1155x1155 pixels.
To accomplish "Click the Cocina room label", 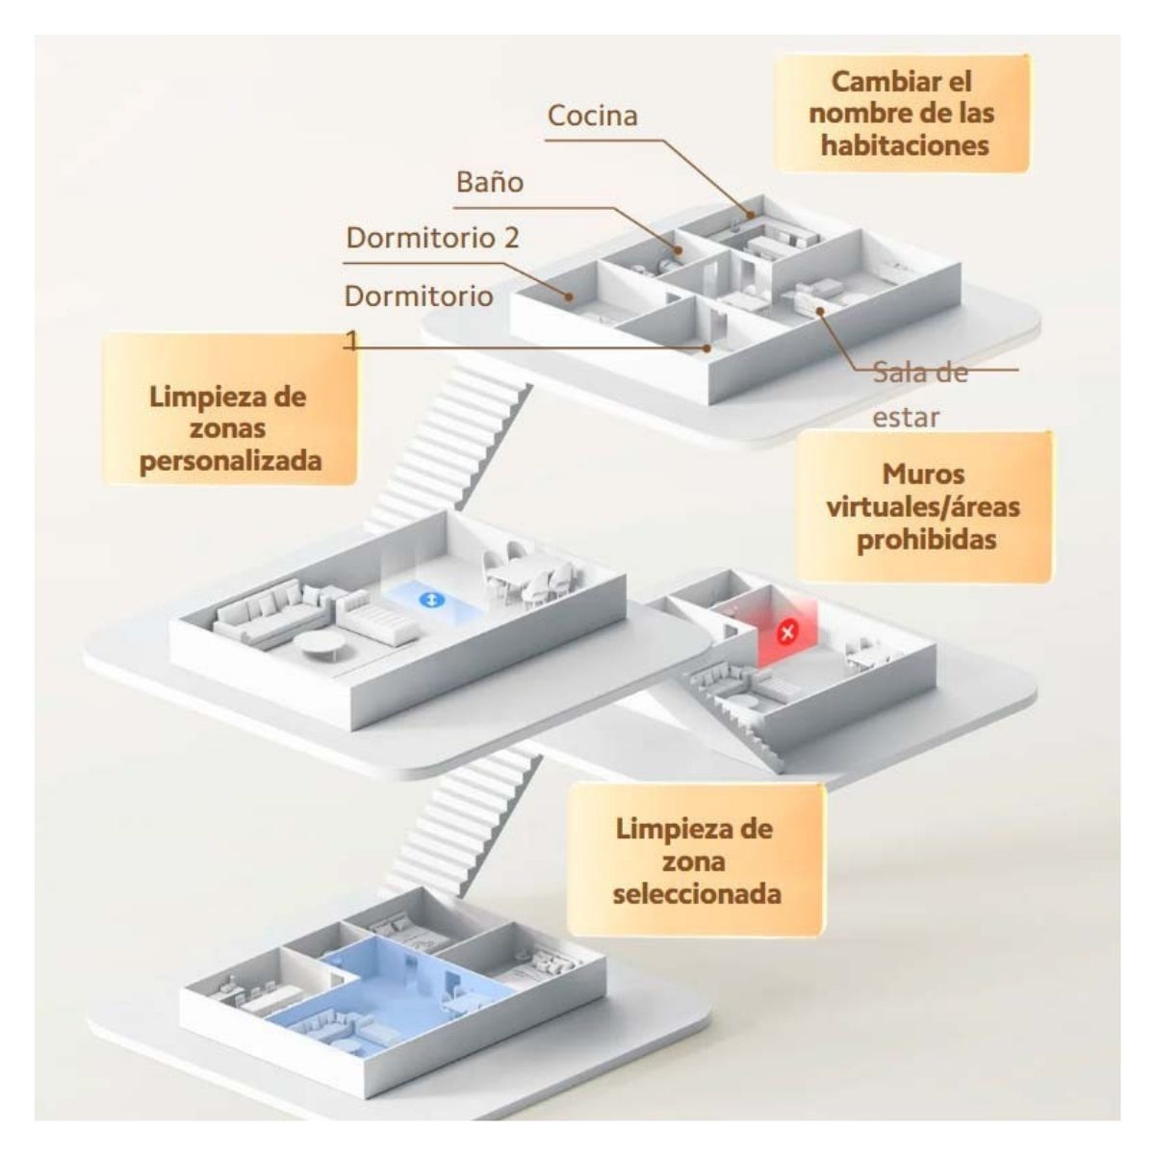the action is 592,115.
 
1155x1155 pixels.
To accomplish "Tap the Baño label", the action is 490,182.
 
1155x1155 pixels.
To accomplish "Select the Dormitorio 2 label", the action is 432,238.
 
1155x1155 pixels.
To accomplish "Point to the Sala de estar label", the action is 919,395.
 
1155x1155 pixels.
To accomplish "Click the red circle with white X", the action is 786,631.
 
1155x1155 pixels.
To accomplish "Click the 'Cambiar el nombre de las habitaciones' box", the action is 902,114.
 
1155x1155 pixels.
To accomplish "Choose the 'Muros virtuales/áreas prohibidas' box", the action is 923,507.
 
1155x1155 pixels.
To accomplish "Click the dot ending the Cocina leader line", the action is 750,215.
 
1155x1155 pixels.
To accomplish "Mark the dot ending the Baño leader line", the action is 678,250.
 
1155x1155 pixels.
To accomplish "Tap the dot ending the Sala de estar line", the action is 819,310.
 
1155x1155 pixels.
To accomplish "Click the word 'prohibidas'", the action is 926,539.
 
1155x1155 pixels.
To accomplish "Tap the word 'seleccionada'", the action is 697,894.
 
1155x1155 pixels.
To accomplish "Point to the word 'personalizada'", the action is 231,461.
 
